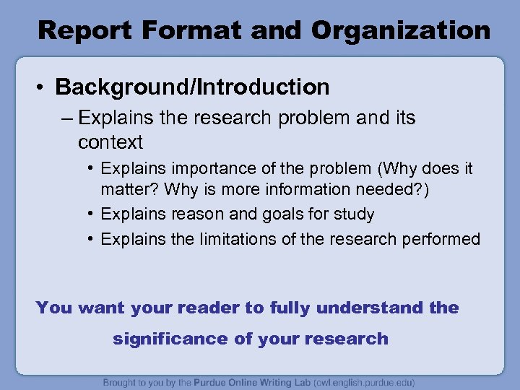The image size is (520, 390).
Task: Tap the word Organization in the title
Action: tap(402, 30)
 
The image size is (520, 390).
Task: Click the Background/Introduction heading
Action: tap(192, 87)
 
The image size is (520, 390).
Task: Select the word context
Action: tap(110, 142)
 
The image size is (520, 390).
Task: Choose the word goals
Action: tap(269, 214)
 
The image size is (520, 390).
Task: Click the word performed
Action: tap(441, 239)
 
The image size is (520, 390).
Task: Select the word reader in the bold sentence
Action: tap(207, 308)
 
